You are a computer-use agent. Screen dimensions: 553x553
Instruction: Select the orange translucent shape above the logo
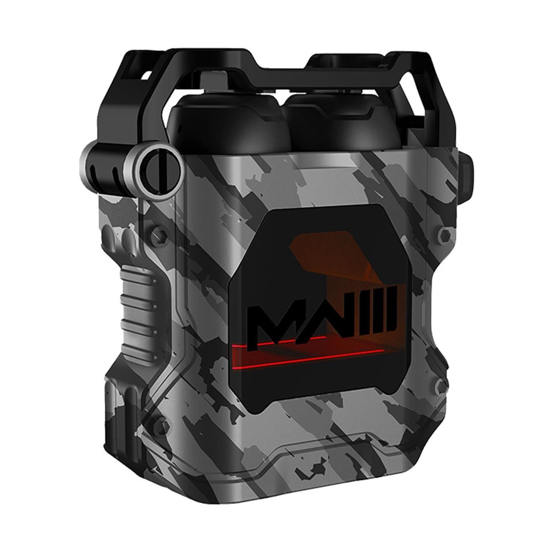click(x=322, y=256)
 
